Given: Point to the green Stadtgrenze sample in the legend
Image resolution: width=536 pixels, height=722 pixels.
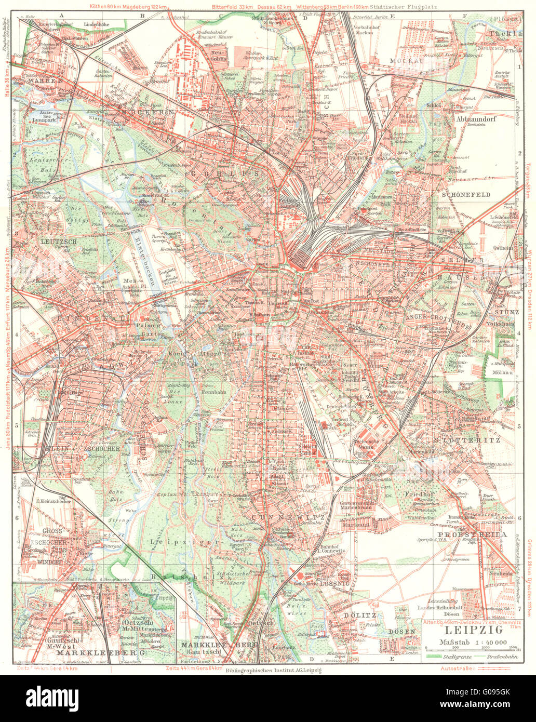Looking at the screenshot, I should pos(438,657).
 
